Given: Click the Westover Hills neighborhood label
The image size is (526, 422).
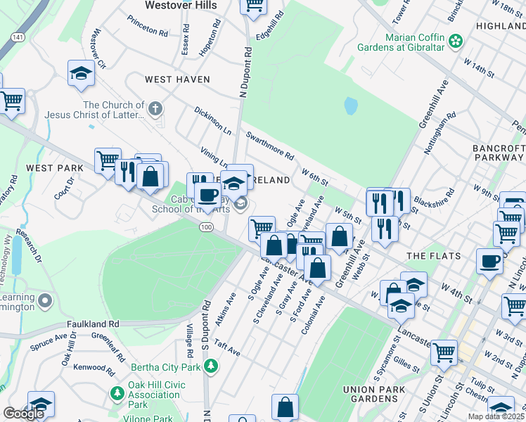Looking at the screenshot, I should pos(180,5).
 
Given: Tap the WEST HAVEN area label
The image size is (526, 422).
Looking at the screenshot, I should pos(177,79).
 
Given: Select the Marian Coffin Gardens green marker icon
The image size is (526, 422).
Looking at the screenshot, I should pos(457,41).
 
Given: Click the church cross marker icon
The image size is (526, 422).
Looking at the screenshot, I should pos(155,108).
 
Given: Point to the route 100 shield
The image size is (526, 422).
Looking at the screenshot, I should pos(206,227).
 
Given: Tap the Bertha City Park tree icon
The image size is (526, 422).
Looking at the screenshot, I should pos(210,366).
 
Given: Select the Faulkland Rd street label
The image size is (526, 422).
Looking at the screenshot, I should pos(93,324).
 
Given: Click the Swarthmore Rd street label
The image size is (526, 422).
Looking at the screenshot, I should pos(269,143).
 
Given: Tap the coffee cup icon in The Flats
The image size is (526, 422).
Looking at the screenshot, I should pos(489,261).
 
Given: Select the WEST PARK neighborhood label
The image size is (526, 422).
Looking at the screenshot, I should pos(54,168).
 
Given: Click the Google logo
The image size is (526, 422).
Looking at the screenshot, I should pos(23,414).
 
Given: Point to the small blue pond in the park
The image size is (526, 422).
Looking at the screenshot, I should pos(350,105).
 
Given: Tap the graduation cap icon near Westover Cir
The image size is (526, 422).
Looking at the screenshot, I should pos(82,72).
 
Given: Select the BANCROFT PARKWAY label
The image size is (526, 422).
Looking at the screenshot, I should pos(499,153).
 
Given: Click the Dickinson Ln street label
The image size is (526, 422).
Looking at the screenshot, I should pos(212,120).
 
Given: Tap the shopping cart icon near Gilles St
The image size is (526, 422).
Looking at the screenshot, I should pos(444,353).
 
